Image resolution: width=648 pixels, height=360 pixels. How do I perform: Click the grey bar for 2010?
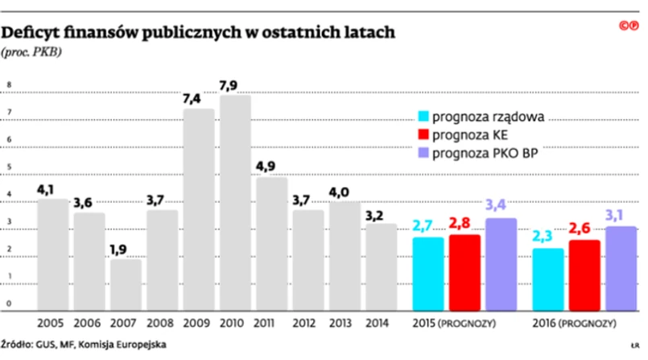point(235,202)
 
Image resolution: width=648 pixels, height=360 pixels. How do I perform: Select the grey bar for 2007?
point(126,284)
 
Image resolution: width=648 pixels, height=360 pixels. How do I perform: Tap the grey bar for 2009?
point(199,209)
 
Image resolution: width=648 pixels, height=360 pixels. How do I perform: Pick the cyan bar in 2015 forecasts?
point(427,273)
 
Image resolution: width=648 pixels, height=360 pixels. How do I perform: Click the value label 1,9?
point(126,250)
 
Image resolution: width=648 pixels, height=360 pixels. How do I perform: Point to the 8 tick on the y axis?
point(9,84)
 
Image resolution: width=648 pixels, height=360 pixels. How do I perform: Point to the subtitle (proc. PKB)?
point(33,52)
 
